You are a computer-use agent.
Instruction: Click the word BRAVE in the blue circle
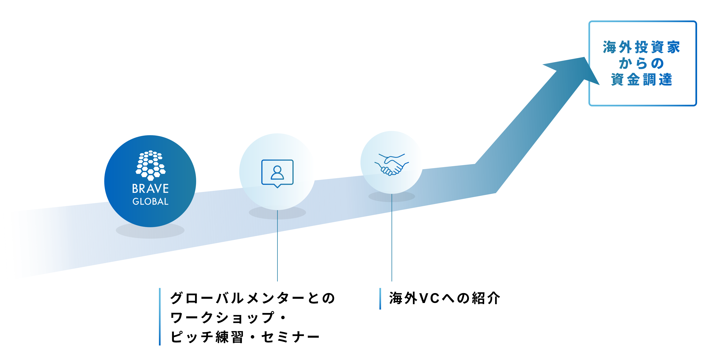point(150,189)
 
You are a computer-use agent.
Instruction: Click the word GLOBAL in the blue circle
point(150,201)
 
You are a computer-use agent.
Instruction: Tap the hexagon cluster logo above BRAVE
point(150,165)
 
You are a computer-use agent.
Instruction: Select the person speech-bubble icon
point(277,173)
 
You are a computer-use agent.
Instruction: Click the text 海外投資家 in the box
point(641,47)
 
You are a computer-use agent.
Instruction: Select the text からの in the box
point(641,63)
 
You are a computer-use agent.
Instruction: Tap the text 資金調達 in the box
point(641,80)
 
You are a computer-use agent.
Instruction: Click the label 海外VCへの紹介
point(444,298)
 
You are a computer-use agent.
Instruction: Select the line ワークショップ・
point(228,317)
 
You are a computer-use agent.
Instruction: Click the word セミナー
point(290,337)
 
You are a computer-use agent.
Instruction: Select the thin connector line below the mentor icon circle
point(277,246)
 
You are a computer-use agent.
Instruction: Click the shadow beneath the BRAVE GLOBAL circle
point(150,232)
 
